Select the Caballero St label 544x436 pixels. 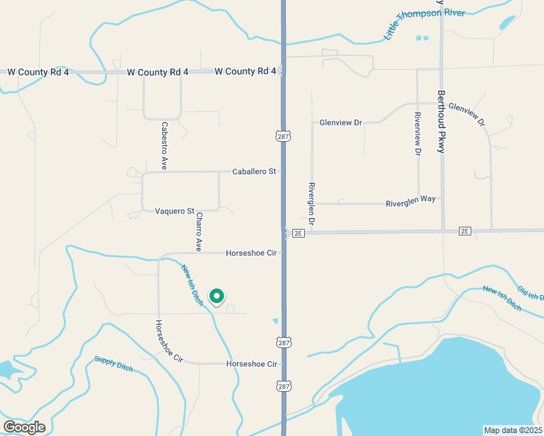(x=254, y=171)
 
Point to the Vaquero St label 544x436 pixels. (x=175, y=211)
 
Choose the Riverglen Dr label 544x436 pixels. (x=311, y=203)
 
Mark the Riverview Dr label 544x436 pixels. (x=417, y=134)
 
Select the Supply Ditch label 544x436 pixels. (x=113, y=363)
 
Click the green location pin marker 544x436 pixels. (x=216, y=296)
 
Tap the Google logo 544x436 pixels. (x=24, y=427)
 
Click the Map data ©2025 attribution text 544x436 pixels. (x=513, y=430)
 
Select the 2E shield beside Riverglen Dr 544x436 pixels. (x=298, y=233)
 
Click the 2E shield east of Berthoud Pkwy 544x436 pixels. (x=465, y=230)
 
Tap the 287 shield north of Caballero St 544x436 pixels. (x=283, y=136)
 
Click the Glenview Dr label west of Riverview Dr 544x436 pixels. (x=340, y=123)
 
